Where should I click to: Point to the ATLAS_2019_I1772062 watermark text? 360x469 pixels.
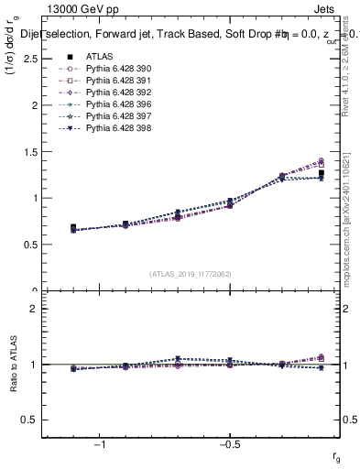[191, 273]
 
